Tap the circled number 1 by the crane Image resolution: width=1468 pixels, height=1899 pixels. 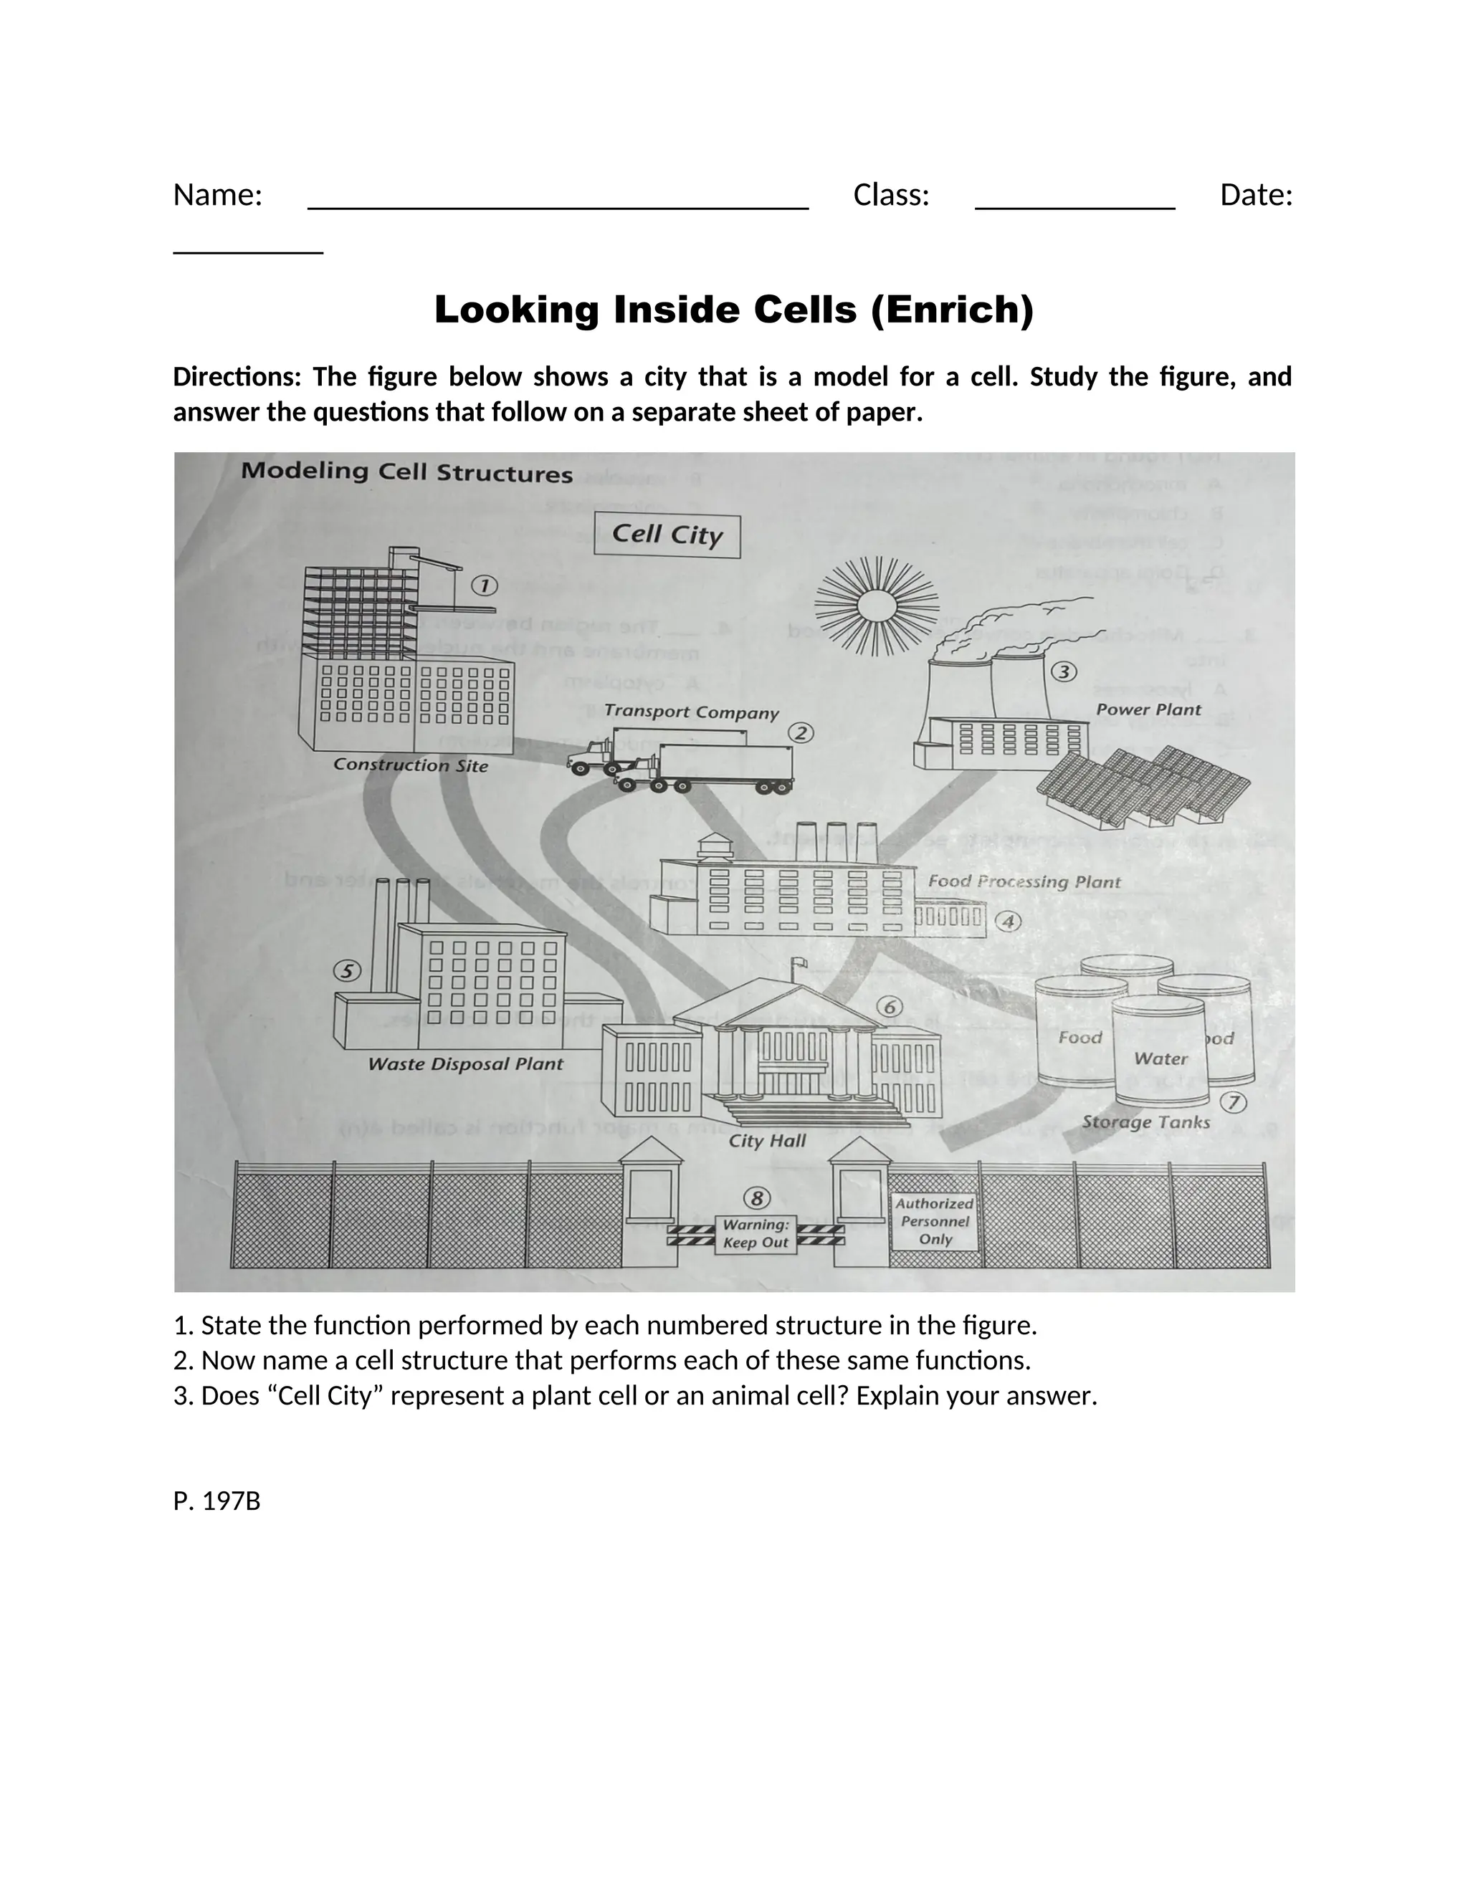pos(485,586)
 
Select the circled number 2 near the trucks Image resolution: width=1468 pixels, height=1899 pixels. pos(801,733)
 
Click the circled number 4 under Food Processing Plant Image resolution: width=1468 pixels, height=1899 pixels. pos(1007,922)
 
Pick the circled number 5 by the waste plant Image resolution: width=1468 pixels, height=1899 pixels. pos(347,971)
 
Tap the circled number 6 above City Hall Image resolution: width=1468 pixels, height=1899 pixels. pos(889,1007)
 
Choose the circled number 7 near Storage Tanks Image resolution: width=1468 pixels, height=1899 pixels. pos(1232,1103)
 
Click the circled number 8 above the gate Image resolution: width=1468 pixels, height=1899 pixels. pos(757,1198)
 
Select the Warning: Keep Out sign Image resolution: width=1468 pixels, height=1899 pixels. pos(756,1234)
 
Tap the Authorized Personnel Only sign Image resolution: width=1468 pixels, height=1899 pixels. pos(935,1221)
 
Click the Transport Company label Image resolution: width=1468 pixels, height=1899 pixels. pos(692,712)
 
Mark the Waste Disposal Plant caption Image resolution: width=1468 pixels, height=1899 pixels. pos(465,1064)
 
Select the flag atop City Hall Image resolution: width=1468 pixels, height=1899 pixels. pos(799,962)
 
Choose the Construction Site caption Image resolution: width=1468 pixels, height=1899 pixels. pos(411,765)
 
